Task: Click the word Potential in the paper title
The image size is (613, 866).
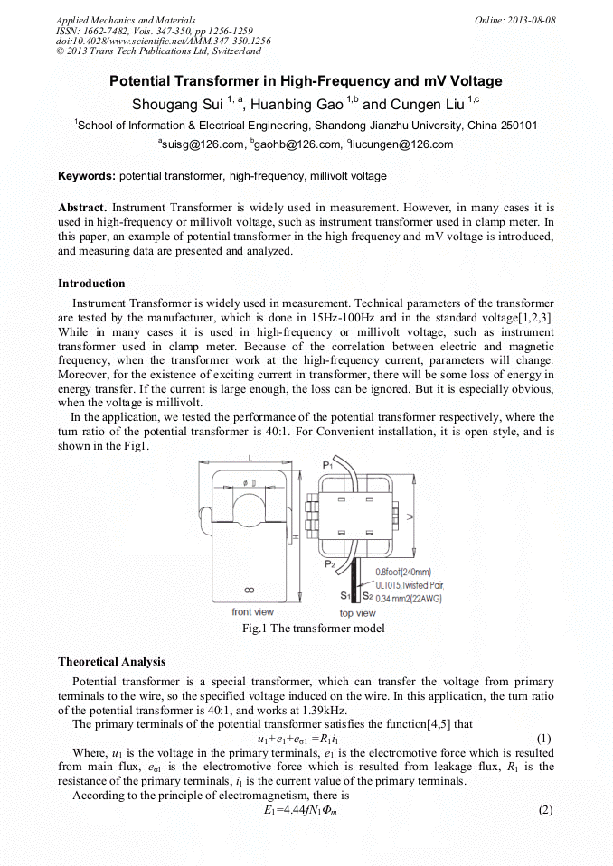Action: pyautogui.click(x=144, y=81)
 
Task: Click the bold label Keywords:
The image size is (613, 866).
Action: pyautogui.click(x=87, y=175)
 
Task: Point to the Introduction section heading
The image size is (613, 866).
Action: pyautogui.click(x=91, y=284)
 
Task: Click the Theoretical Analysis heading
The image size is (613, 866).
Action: pyautogui.click(x=111, y=662)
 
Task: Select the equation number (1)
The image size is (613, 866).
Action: pyautogui.click(x=544, y=738)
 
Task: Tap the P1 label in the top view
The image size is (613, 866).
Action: pyautogui.click(x=328, y=464)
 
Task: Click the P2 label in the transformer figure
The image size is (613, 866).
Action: pyautogui.click(x=330, y=564)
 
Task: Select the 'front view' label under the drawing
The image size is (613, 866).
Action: pyautogui.click(x=252, y=612)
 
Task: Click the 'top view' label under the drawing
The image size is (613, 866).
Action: pyautogui.click(x=357, y=613)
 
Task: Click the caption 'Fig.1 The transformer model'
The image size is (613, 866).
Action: pyautogui.click(x=306, y=629)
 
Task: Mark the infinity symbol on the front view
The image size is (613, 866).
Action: pyautogui.click(x=250, y=590)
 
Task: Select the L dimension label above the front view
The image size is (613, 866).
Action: pyautogui.click(x=250, y=458)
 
